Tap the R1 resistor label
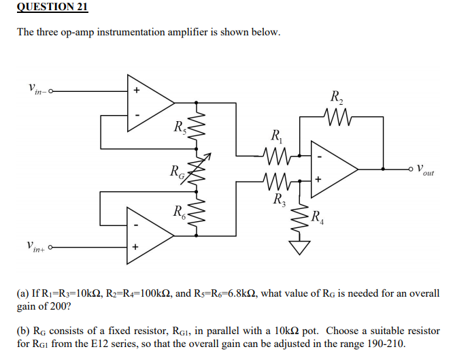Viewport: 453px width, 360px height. point(275,135)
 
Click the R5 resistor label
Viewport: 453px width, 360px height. point(178,126)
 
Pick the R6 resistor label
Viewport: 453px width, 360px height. point(178,211)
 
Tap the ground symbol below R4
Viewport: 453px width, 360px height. point(298,247)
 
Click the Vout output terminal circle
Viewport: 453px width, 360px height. point(410,167)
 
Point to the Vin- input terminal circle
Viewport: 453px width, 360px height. point(50,90)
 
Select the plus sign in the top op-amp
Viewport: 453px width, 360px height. point(136,90)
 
